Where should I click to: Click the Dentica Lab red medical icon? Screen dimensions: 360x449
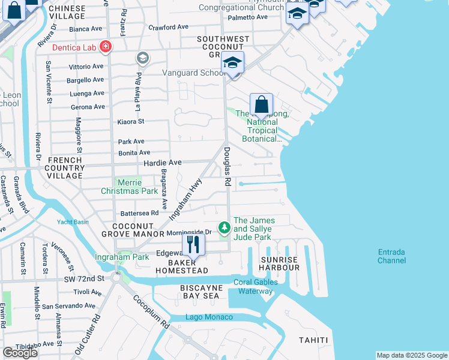106,46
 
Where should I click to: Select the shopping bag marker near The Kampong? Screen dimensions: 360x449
261,104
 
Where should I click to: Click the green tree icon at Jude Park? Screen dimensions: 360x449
224,227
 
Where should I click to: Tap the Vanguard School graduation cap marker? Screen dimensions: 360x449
233,62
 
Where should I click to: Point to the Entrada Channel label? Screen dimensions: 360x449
391,256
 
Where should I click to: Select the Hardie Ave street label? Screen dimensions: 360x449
161,163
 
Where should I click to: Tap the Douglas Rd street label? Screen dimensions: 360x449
228,166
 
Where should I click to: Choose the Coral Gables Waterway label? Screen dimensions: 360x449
255,287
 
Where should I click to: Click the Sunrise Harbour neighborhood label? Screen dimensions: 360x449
279,263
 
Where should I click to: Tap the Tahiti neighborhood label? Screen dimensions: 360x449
313,340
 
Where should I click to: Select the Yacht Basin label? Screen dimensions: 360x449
73,221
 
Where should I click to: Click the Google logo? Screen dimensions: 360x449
20,353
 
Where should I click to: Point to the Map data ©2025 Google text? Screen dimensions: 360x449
411,355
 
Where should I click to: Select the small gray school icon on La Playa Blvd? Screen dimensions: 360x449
143,58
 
